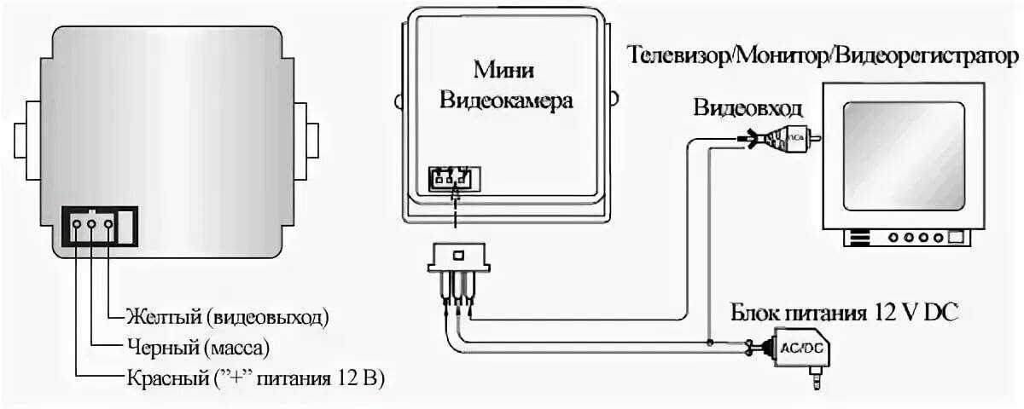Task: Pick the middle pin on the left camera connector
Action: pos(92,227)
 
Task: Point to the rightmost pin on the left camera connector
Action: pos(108,227)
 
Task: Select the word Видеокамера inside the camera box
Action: pos(506,100)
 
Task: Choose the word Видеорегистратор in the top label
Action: pos(928,56)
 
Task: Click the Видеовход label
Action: pos(748,108)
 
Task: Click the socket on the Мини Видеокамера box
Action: pos(450,180)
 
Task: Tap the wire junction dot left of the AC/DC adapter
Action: pos(710,343)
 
